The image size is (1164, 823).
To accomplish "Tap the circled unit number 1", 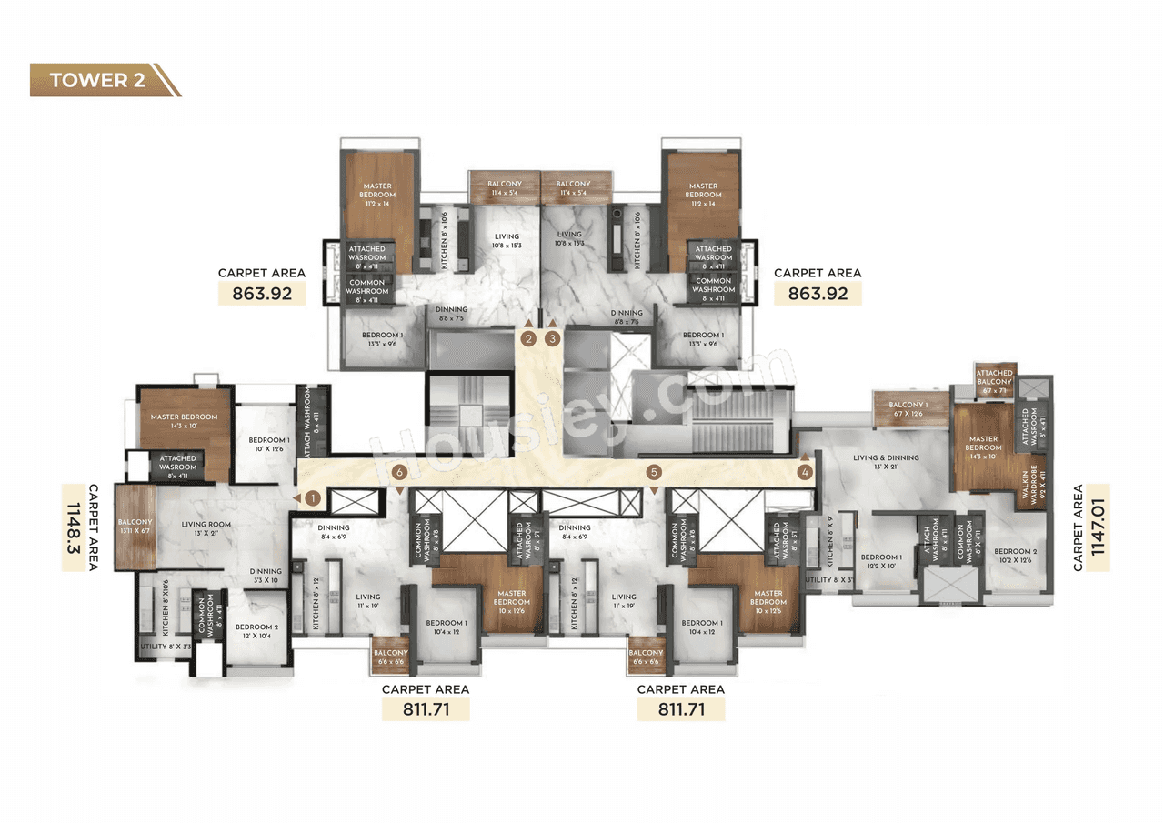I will pyautogui.click(x=312, y=498).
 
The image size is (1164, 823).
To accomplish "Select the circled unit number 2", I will pyautogui.click(x=528, y=339).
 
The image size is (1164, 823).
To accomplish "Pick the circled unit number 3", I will pyautogui.click(x=553, y=339).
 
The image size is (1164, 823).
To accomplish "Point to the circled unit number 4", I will pyautogui.click(x=805, y=472).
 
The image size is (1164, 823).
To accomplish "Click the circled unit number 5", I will pyautogui.click(x=653, y=472).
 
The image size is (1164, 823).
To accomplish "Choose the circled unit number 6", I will pyautogui.click(x=398, y=472).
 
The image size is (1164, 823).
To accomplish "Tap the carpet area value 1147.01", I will pyautogui.click(x=1096, y=527).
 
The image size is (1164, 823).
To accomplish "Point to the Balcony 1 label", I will pyautogui.click(x=908, y=409).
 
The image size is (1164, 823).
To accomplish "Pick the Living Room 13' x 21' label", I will pyautogui.click(x=203, y=527).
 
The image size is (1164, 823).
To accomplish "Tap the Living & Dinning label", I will pyautogui.click(x=886, y=462).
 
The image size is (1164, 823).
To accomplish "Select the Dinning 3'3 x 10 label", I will pyautogui.click(x=266, y=576).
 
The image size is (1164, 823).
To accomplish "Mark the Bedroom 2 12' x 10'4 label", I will pyautogui.click(x=256, y=631).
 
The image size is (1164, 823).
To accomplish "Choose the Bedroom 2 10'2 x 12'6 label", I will pyautogui.click(x=1014, y=556).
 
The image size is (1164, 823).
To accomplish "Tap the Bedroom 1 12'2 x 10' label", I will pyautogui.click(x=881, y=562).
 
